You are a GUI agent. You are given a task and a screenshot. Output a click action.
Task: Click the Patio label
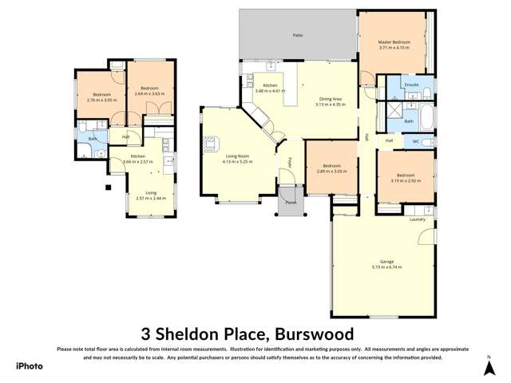pyautogui.click(x=297, y=36)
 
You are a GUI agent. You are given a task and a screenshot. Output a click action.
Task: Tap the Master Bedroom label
pyautogui.click(x=394, y=41)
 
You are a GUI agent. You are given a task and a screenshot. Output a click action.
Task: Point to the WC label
pyautogui.click(x=416, y=141)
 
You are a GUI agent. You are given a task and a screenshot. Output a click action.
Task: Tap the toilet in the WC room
pyautogui.click(x=429, y=142)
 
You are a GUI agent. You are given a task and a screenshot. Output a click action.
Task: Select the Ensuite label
pyautogui.click(x=412, y=84)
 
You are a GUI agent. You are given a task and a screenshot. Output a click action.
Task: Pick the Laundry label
pyautogui.click(x=417, y=219)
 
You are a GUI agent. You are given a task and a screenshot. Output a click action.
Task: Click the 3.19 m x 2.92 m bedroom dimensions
pyautogui.click(x=406, y=180)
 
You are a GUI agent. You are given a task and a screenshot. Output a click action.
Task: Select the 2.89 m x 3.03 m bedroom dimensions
pyautogui.click(x=331, y=171)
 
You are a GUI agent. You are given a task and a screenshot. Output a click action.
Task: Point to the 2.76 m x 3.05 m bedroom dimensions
pyautogui.click(x=101, y=101)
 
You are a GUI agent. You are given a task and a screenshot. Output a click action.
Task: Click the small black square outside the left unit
pyautogui.click(x=107, y=188)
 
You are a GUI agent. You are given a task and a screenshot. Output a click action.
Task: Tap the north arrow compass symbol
pyautogui.click(x=489, y=365)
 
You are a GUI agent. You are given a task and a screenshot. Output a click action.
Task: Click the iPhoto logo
pyautogui.click(x=30, y=365)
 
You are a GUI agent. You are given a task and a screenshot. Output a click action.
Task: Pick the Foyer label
pyautogui.click(x=289, y=164)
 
